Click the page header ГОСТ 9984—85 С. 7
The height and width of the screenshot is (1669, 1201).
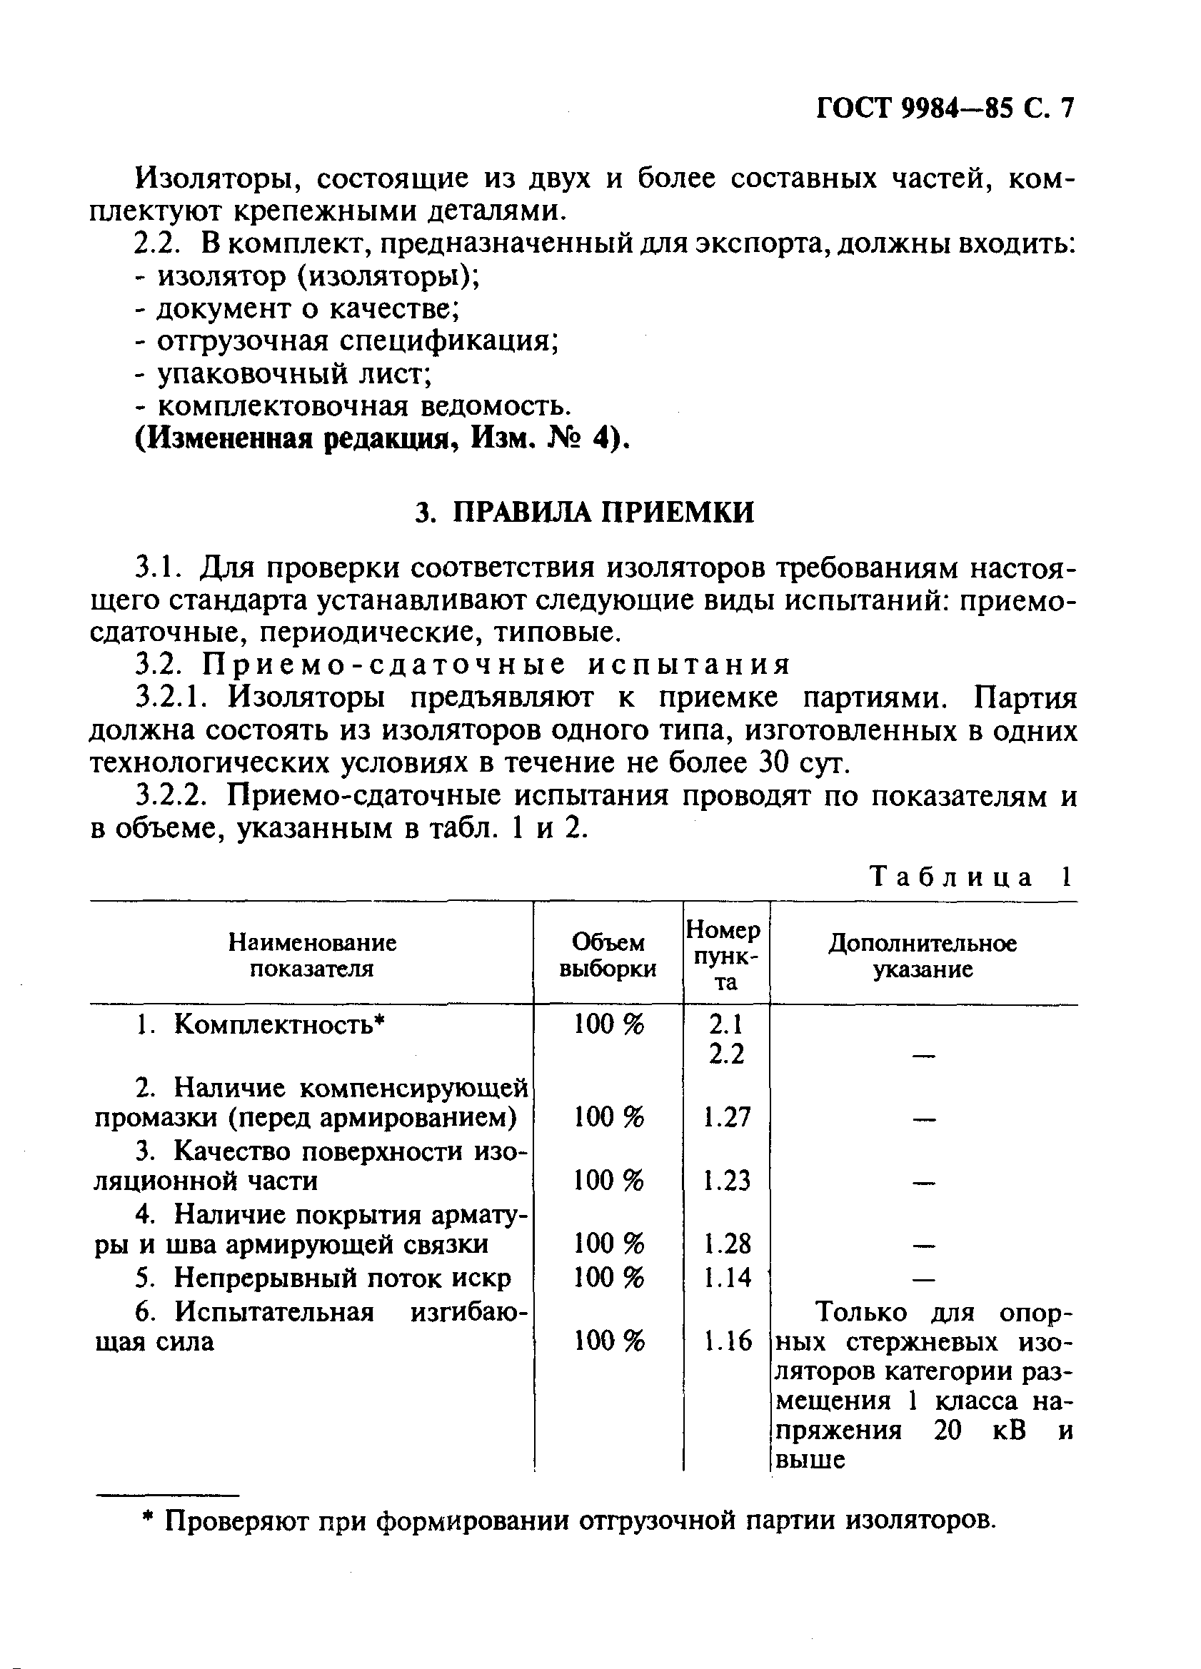coord(945,109)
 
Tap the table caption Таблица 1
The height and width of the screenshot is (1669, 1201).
coord(971,877)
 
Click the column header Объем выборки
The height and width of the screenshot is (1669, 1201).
coord(608,955)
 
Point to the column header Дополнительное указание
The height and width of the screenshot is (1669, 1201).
coord(923,955)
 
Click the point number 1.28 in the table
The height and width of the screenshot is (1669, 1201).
coord(726,1244)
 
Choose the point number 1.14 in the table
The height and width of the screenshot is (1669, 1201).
coord(726,1278)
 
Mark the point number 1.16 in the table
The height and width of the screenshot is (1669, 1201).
coord(726,1341)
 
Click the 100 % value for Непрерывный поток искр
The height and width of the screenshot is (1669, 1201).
coord(608,1278)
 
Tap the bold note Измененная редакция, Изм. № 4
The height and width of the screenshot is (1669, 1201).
coord(383,439)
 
